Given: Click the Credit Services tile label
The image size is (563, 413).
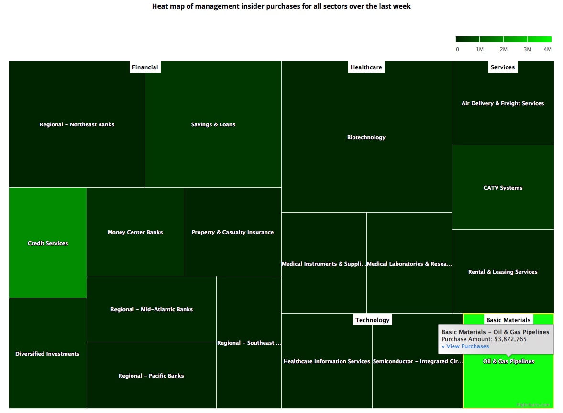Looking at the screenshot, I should click(48, 243).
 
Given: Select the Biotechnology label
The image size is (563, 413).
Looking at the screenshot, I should click(366, 137).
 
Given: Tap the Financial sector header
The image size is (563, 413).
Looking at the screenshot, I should click(145, 67).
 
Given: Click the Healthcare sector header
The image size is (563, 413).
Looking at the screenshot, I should click(366, 67).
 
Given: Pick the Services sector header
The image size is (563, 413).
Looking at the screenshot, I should click(502, 67).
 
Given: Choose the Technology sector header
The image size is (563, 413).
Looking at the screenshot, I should click(372, 320).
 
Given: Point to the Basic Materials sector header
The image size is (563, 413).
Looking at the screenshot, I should click(508, 320).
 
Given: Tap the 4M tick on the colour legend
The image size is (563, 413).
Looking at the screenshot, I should click(547, 49).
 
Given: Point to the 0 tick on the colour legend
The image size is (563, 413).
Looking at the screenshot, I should click(457, 49).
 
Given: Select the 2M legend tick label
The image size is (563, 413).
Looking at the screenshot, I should click(503, 49).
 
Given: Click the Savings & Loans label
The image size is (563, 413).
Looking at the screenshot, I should click(213, 124).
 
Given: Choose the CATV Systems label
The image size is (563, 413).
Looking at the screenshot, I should click(503, 188).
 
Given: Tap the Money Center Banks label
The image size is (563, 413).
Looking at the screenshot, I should click(135, 232).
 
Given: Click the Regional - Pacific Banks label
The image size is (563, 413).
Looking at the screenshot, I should click(151, 376).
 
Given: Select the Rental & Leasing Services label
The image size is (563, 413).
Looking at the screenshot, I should click(503, 272).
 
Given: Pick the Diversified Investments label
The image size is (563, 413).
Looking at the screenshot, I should click(47, 354).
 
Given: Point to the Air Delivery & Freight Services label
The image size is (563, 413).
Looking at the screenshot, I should click(503, 103).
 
